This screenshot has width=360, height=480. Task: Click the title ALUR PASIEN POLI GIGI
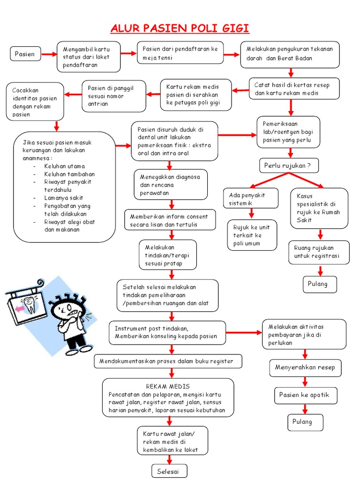point(180,29)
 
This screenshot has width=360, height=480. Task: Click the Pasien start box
point(25,54)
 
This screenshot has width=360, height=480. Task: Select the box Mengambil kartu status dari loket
point(89,57)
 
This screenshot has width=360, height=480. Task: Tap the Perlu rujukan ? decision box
point(288,165)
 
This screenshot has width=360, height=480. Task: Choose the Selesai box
point(169,471)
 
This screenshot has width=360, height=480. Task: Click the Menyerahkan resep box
point(305,367)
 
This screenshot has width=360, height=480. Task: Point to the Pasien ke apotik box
point(304,395)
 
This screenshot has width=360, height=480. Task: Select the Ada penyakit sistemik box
point(251,199)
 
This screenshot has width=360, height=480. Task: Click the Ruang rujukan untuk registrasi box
point(319,252)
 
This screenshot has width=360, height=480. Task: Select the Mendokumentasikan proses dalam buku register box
point(169,361)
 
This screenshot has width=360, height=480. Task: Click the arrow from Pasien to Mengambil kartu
point(48,54)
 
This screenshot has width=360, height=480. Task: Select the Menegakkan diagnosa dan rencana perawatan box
point(170,185)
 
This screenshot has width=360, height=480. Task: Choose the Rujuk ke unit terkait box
point(251,235)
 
